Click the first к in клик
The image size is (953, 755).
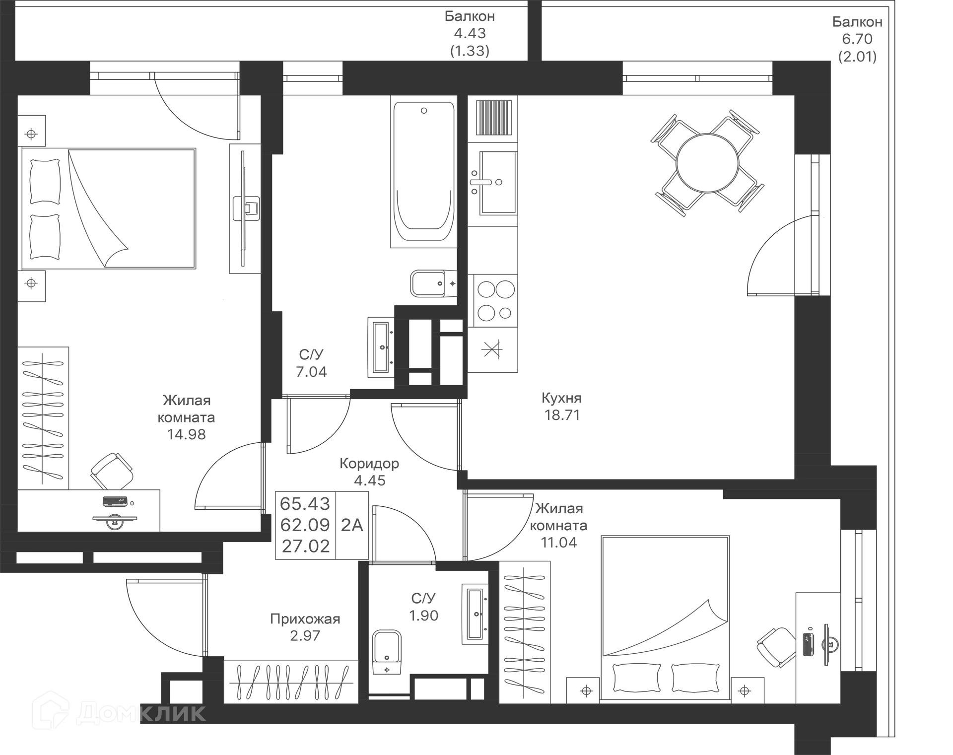(147, 714)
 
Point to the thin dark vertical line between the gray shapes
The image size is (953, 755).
(462, 199)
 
